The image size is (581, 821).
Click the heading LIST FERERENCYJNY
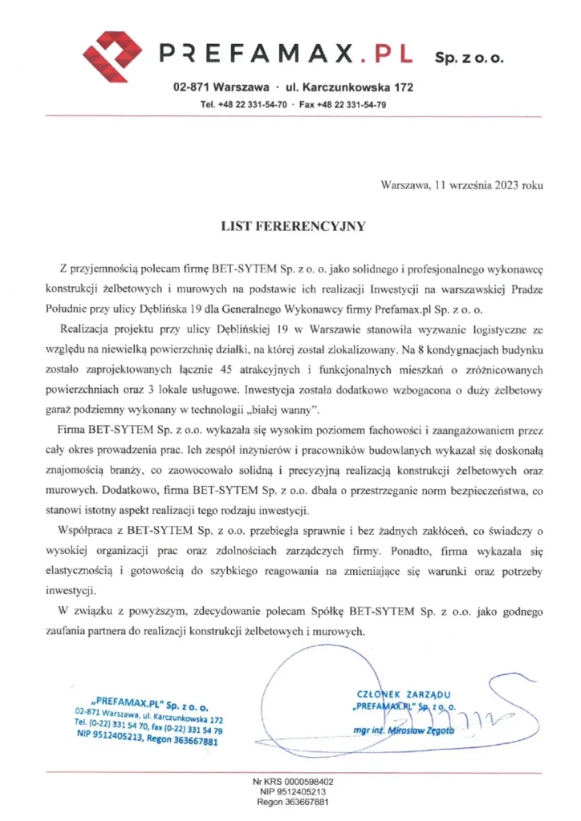[293, 227]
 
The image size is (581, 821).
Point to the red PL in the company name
[392, 54]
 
